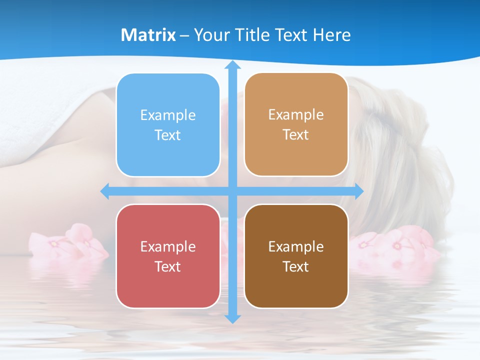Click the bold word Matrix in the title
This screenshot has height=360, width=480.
pos(148,35)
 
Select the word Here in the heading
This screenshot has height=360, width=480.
pos(332,35)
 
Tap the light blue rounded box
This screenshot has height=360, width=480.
pos(168,125)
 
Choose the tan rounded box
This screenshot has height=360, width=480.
pos(296,124)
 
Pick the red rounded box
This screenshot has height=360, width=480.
pos(168,256)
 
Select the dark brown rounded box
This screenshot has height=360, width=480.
pos(296,256)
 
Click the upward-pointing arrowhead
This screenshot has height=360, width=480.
pos(232,65)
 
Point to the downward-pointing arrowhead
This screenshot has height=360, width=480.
pos(232,318)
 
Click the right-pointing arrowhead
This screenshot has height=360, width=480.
pos(359,191)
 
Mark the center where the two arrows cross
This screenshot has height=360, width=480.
pos(232,191)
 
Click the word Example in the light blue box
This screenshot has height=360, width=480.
pos(168,115)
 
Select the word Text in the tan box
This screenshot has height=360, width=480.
pos(296,135)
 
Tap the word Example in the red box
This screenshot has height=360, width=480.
pos(168,246)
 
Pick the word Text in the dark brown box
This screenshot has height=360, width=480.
pos(296,266)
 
